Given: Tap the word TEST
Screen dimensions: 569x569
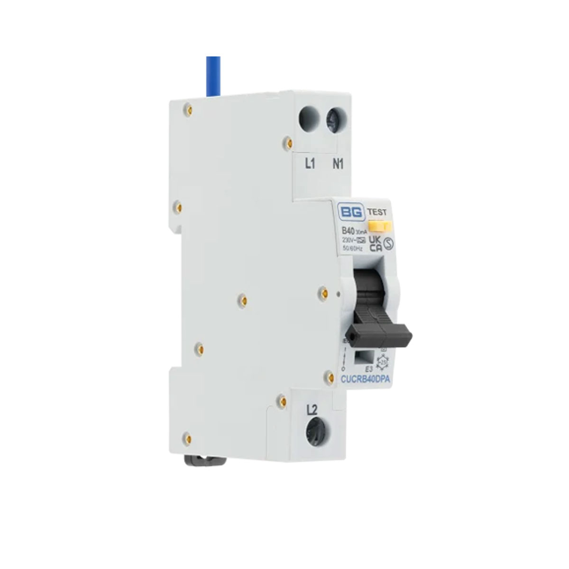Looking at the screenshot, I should [376, 212].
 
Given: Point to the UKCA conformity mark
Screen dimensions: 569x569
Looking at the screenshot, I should [376, 241].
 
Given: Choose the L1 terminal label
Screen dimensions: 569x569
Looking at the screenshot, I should [310, 165].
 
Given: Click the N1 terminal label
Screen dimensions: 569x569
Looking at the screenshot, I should [338, 165].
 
